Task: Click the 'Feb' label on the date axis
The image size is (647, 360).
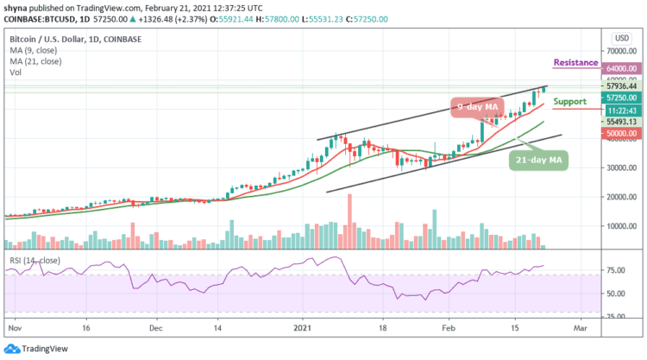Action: tap(447, 329)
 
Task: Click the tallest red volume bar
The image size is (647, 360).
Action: tap(349, 222)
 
